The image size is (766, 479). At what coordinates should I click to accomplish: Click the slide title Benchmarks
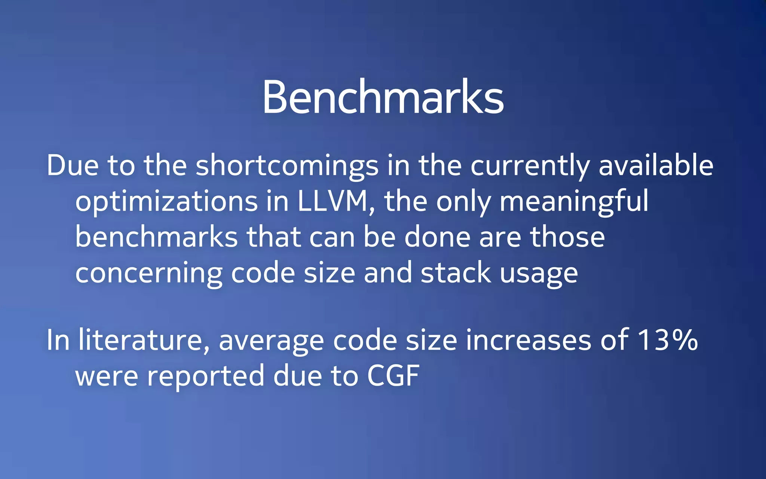point(383,97)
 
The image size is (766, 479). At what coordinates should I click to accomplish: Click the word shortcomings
point(287,165)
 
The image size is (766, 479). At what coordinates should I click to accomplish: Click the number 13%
point(667,340)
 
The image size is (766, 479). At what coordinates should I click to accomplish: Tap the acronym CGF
point(393,376)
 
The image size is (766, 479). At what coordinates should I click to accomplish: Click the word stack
point(456,273)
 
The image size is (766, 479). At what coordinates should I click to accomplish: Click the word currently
point(530,165)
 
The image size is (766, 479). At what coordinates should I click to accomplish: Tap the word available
point(656,165)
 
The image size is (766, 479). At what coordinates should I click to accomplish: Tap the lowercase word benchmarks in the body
point(156,237)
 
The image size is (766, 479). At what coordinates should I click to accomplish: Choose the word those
point(567,237)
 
